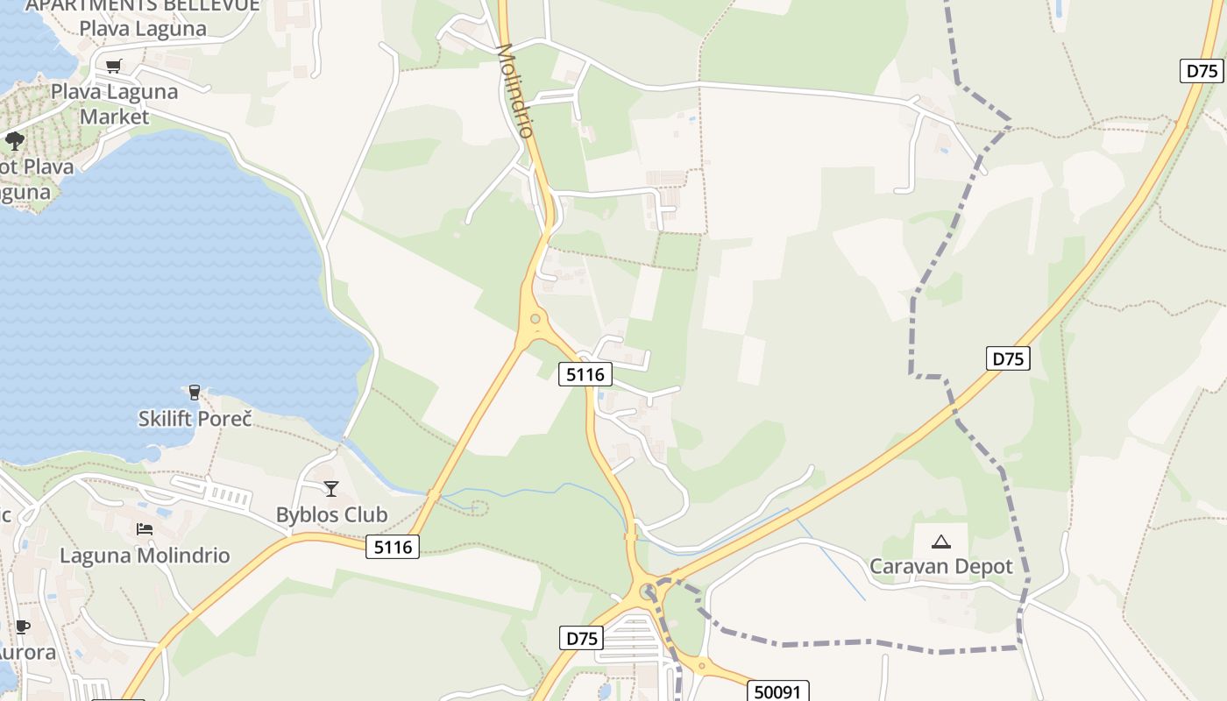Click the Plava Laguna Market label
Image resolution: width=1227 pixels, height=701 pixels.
point(114,103)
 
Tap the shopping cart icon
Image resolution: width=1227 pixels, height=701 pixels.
point(113,66)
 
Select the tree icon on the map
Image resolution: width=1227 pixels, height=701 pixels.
point(14,140)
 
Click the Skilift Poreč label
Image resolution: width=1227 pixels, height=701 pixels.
point(195,419)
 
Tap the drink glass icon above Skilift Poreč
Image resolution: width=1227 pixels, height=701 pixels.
point(195,392)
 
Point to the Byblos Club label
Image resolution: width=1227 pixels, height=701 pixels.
point(331,514)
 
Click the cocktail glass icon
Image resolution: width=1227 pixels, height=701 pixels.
point(331,488)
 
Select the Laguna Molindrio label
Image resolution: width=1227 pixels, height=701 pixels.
point(145,556)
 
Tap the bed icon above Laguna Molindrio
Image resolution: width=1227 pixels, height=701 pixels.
point(145,529)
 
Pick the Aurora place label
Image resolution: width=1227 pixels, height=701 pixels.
point(26,653)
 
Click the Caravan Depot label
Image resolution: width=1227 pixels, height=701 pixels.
point(941,566)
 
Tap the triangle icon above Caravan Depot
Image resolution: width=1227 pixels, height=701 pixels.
point(941,542)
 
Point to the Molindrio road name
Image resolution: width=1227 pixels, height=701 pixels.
point(514,89)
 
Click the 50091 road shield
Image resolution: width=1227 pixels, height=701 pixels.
point(777,692)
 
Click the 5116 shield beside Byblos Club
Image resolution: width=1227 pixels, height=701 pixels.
point(393,548)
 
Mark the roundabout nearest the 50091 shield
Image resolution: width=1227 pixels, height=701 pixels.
point(702,664)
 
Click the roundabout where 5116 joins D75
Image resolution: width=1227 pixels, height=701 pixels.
point(649,591)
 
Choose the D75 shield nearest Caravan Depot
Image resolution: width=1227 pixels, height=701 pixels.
point(1008,358)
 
